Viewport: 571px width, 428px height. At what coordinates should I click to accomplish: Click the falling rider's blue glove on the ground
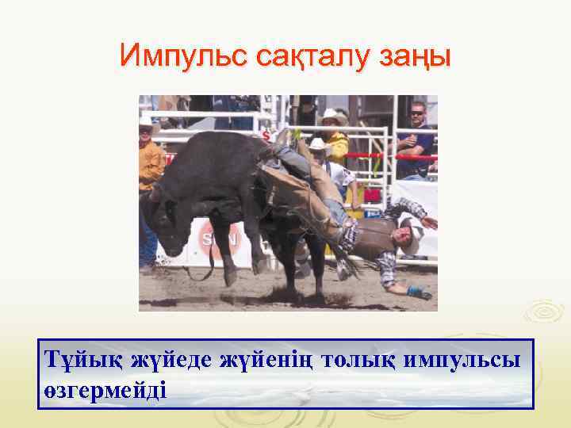[419, 292]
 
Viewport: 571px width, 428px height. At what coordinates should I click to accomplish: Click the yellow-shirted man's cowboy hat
[334, 117]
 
